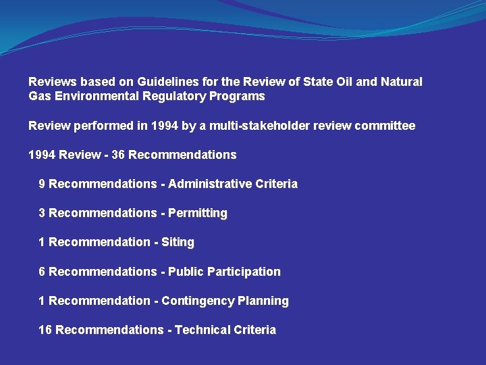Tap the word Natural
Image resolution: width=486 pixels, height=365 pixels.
[x=402, y=82]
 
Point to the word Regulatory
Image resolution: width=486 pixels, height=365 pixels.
[x=175, y=96]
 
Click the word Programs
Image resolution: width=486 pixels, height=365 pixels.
[x=238, y=96]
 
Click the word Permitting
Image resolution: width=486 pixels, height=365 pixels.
[x=198, y=213]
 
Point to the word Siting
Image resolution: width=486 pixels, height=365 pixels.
[x=178, y=242]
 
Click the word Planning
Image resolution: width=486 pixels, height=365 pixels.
[x=263, y=301]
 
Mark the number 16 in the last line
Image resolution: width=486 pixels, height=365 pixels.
[x=45, y=330]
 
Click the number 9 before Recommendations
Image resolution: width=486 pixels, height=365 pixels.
[x=43, y=184]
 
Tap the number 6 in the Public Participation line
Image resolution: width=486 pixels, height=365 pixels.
[x=43, y=272]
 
